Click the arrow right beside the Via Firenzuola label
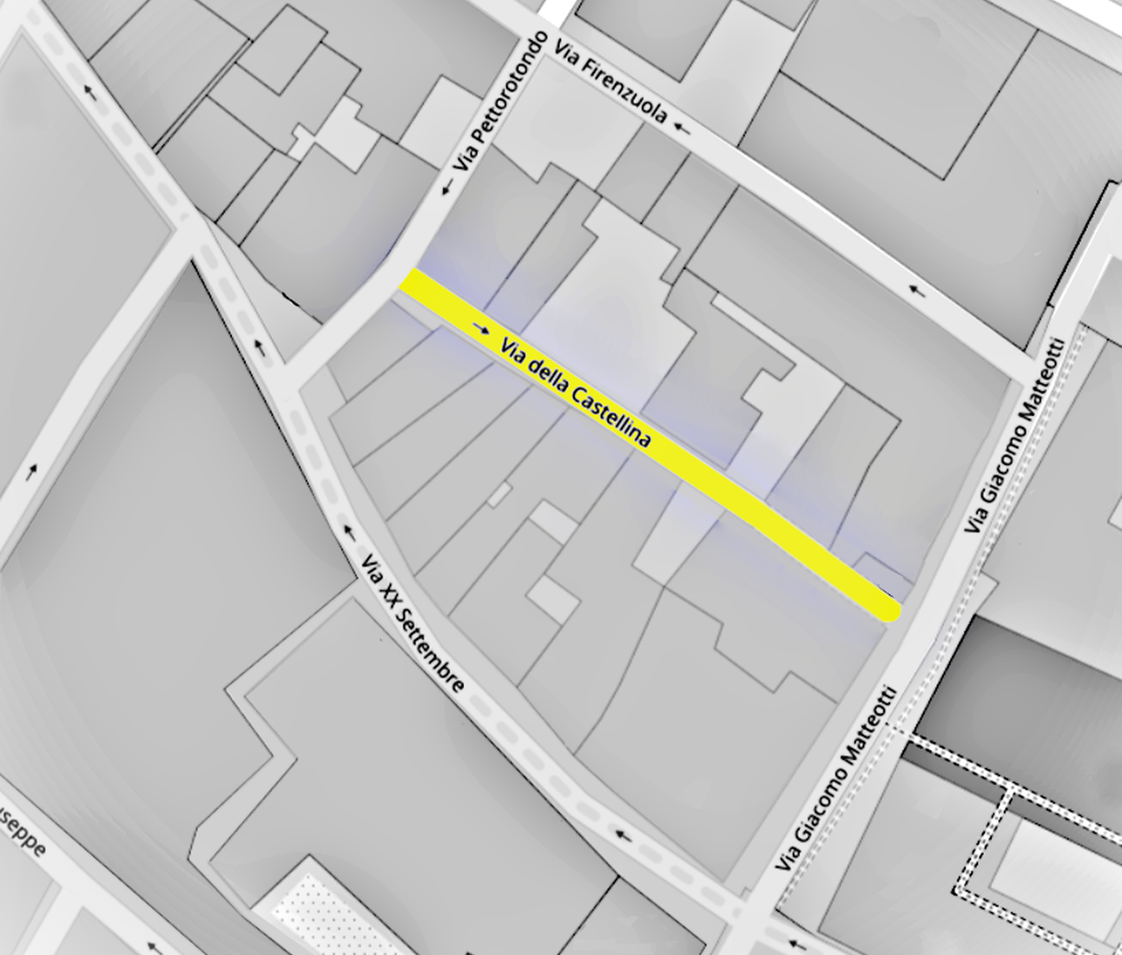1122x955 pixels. pyautogui.click(x=683, y=129)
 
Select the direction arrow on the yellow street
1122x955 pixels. pyautogui.click(x=480, y=328)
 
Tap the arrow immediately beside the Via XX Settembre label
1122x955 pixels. pyautogui.click(x=349, y=530)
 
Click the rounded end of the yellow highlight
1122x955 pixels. pyautogui.click(x=888, y=609)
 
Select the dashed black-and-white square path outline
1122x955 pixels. pyautogui.click(x=1007, y=833)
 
